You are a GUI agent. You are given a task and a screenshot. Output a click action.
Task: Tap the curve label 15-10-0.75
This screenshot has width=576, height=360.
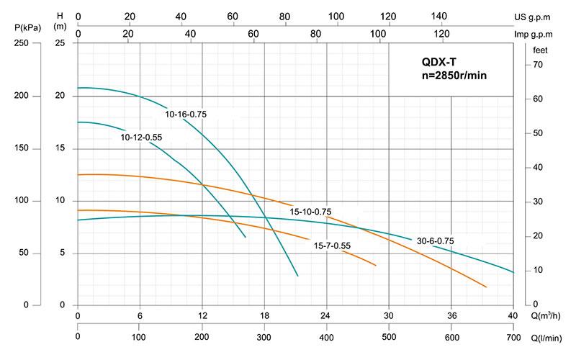click(x=310, y=212)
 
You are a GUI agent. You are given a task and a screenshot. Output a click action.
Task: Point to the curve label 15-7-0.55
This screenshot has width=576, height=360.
click(x=332, y=246)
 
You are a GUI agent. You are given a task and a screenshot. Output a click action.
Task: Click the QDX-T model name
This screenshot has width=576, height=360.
click(x=440, y=62)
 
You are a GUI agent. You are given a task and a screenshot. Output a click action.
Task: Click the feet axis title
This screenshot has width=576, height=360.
click(x=540, y=50)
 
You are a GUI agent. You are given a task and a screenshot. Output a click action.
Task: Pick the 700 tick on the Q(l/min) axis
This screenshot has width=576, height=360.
click(x=513, y=337)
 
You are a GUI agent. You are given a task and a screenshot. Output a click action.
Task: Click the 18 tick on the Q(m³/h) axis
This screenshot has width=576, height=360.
click(x=264, y=315)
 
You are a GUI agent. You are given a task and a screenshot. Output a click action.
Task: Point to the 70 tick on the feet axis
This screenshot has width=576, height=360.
click(x=537, y=66)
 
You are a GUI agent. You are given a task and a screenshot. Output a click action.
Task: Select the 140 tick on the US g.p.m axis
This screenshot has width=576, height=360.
click(x=438, y=16)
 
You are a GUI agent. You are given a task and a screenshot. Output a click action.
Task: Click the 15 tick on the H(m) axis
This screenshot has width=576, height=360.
click(x=61, y=148)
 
